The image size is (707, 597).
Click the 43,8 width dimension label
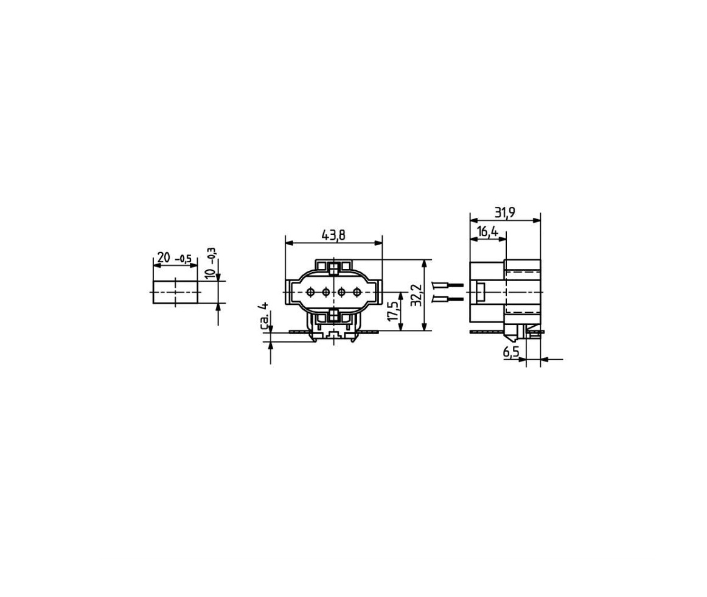click(333, 235)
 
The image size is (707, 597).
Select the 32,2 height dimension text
click(417, 295)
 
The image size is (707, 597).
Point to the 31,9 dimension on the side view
click(504, 212)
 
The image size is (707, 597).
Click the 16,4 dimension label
click(487, 232)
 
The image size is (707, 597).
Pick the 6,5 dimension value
click(511, 352)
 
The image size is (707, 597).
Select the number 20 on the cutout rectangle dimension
click(164, 257)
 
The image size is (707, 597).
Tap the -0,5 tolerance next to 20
click(183, 259)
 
